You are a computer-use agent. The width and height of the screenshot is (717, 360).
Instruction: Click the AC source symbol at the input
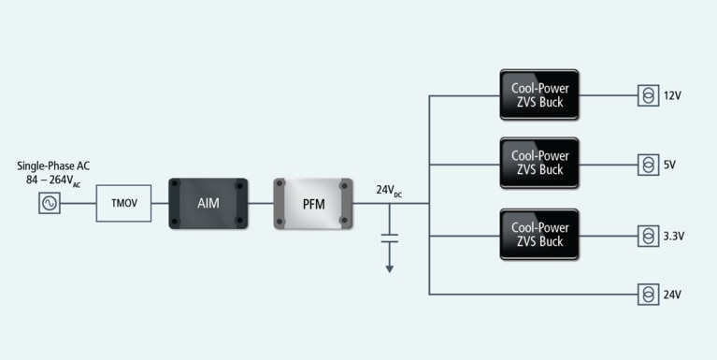(x=49, y=203)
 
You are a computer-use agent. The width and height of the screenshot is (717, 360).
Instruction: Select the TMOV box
(x=123, y=203)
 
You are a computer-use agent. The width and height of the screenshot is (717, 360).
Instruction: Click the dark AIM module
(x=208, y=203)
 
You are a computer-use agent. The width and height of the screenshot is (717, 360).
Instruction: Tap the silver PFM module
(x=312, y=203)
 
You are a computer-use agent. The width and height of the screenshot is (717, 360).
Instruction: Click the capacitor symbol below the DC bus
(x=390, y=240)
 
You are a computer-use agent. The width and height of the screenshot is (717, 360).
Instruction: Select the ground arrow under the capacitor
(x=390, y=267)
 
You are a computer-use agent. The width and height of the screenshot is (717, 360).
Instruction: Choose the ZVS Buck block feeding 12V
(x=538, y=94)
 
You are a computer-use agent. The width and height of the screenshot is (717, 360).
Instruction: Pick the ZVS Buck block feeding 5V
(x=538, y=164)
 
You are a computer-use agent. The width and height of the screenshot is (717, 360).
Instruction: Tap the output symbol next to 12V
(x=648, y=95)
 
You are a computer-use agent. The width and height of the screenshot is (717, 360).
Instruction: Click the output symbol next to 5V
(x=648, y=165)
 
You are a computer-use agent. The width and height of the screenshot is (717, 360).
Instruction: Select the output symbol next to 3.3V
(x=648, y=236)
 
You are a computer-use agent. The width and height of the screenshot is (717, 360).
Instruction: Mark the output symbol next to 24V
(x=648, y=295)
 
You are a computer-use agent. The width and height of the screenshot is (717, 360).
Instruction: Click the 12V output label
(x=673, y=95)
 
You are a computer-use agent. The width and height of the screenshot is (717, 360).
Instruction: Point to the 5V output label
(x=669, y=165)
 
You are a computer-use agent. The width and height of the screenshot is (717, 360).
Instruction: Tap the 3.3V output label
(x=674, y=236)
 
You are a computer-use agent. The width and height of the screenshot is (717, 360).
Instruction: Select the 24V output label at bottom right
(x=673, y=295)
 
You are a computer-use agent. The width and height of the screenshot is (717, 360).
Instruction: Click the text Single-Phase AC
(x=53, y=166)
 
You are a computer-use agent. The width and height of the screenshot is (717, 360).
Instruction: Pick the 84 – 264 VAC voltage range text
(x=53, y=180)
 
